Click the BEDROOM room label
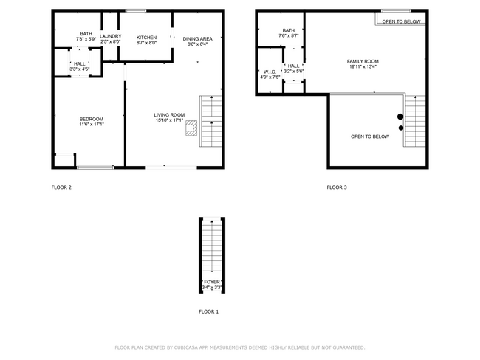[x=92, y=119]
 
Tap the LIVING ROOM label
[x=169, y=114]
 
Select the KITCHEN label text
[x=146, y=37]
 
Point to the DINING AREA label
[x=198, y=38]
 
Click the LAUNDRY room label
[x=111, y=36]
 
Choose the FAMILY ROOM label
[x=363, y=60]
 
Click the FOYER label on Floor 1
[x=212, y=282]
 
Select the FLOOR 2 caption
[x=61, y=187]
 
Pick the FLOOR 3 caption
[x=337, y=187]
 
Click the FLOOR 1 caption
[x=209, y=311]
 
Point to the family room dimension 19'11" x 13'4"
[x=363, y=67]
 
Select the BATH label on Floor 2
[x=86, y=33]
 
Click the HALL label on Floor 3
[x=293, y=66]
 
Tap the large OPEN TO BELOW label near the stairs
[x=370, y=136]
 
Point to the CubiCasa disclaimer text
[x=239, y=347]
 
